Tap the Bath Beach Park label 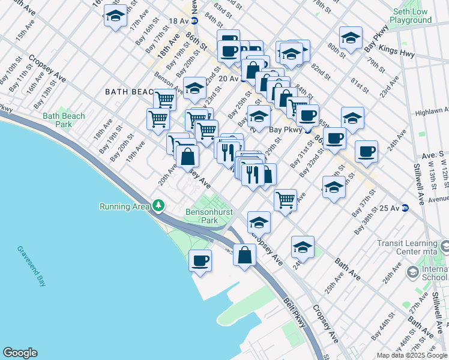(64, 120)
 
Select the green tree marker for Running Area (158, 206)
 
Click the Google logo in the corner (20, 353)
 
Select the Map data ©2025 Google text (411, 355)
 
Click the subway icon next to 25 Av (405, 208)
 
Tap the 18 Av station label (178, 20)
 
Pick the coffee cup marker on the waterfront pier (200, 262)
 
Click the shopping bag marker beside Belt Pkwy (245, 256)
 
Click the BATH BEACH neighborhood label (128, 92)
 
